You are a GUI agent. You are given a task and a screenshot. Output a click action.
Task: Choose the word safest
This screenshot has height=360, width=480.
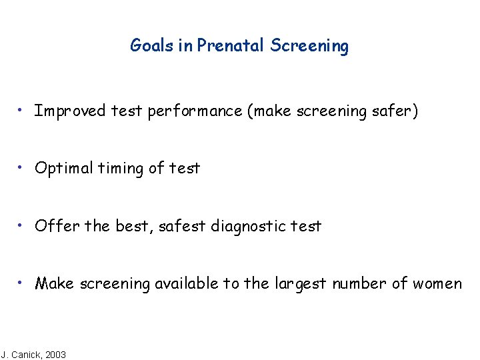(183, 226)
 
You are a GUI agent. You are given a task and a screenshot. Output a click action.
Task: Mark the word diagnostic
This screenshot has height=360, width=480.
(249, 227)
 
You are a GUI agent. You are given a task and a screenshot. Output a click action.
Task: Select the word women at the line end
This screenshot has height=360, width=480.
(437, 284)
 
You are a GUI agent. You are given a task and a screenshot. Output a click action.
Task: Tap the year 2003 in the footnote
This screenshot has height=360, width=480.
(55, 355)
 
